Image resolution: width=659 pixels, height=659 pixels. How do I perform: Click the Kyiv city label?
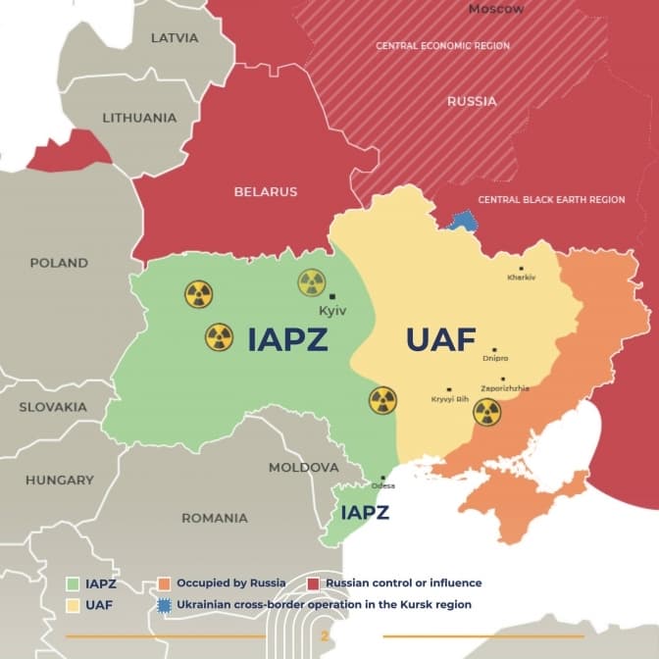[333, 311]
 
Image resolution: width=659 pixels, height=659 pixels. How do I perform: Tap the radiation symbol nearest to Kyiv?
[312, 283]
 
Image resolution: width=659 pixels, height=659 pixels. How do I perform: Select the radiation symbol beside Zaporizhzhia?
[486, 412]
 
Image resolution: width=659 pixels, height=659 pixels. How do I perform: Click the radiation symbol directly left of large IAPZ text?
[220, 338]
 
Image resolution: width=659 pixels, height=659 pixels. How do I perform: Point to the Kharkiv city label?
[522, 278]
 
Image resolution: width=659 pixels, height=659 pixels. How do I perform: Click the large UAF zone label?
[440, 340]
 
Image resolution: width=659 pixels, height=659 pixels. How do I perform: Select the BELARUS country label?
[265, 192]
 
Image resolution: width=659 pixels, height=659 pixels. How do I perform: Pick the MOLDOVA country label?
[303, 468]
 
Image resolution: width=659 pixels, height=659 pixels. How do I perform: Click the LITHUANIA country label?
[139, 118]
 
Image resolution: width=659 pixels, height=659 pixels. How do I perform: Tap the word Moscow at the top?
[496, 9]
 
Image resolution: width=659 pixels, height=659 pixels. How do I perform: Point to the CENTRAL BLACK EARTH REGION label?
[551, 200]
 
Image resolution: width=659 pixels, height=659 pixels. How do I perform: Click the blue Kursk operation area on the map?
[459, 221]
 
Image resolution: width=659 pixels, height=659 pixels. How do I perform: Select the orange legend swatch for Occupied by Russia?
[164, 583]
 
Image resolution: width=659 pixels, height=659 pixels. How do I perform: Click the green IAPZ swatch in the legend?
[72, 583]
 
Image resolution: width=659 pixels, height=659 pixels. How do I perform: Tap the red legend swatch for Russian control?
[314, 583]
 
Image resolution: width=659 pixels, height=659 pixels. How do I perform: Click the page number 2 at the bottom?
[325, 636]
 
